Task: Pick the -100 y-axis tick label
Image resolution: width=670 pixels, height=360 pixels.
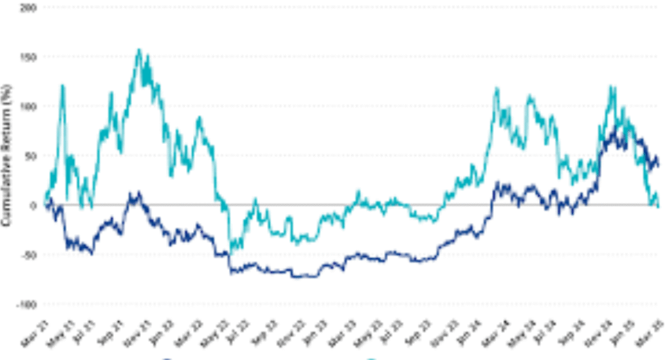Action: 28,304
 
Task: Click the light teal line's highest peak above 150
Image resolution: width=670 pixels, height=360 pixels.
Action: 138,50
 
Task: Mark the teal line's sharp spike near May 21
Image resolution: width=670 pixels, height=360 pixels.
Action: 63,86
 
